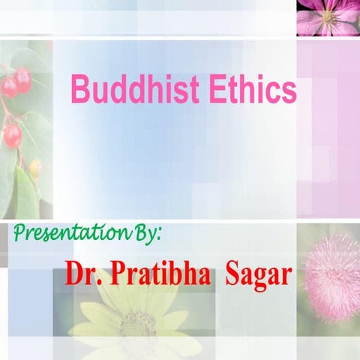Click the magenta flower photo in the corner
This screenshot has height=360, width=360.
[328, 17]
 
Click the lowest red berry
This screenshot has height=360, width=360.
[12, 135]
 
